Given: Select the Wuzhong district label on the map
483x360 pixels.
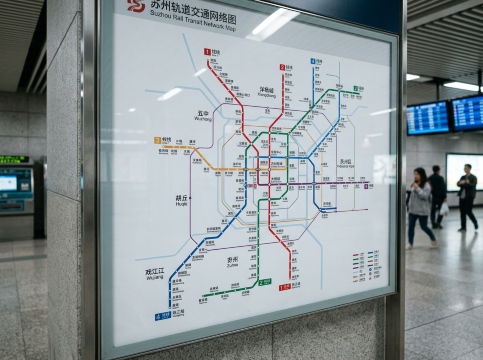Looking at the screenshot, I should (x=203, y=116).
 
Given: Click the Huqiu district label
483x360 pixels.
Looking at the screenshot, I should (x=182, y=199).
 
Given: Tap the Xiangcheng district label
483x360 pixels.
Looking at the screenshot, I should (x=267, y=91).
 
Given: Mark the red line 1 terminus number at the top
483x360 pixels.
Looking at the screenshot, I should (x=207, y=51).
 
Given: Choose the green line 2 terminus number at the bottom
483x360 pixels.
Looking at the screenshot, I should (x=264, y=283).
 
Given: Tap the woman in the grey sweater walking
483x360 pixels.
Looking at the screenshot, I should (x=420, y=205).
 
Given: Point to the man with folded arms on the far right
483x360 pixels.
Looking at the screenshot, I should (x=467, y=196).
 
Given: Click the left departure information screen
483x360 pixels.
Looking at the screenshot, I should (x=428, y=118).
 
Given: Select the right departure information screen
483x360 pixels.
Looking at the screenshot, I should (x=467, y=112).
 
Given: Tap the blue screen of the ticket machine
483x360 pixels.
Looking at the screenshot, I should (x=8, y=183).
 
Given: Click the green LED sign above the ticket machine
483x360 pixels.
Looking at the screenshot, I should (x=13, y=159).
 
